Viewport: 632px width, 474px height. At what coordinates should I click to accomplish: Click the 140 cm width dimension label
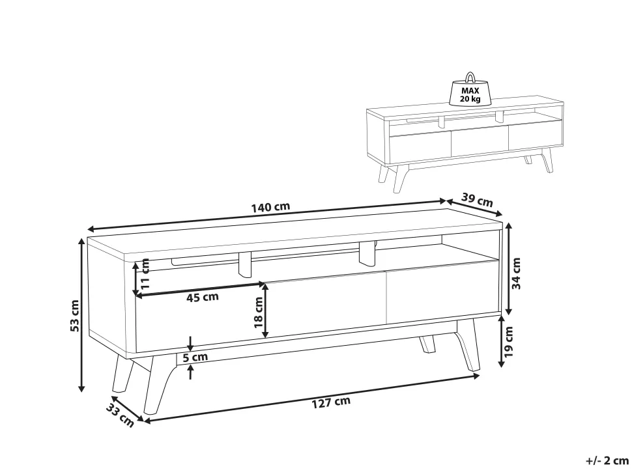[270, 207]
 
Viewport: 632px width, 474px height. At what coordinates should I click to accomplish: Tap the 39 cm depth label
[477, 200]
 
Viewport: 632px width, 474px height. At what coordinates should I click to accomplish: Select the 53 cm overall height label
[75, 315]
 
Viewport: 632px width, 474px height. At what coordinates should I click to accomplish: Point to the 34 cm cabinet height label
[516, 273]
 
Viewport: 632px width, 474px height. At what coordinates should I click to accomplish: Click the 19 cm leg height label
[508, 342]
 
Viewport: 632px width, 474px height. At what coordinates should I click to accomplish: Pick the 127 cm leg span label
[331, 402]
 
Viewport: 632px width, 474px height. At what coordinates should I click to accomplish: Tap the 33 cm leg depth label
[120, 415]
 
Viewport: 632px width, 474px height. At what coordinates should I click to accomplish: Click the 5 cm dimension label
[195, 357]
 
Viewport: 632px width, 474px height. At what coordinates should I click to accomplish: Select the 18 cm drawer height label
[259, 312]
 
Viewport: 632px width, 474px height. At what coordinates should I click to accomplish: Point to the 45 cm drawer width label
[203, 297]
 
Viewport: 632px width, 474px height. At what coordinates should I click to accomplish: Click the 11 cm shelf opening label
[145, 273]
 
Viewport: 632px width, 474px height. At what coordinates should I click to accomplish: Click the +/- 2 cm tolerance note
[607, 460]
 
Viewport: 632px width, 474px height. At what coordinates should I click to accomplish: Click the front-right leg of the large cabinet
[468, 345]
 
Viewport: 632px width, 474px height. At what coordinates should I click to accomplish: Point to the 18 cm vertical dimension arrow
[265, 310]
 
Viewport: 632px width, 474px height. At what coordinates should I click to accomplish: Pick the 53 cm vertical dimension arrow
[81, 314]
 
